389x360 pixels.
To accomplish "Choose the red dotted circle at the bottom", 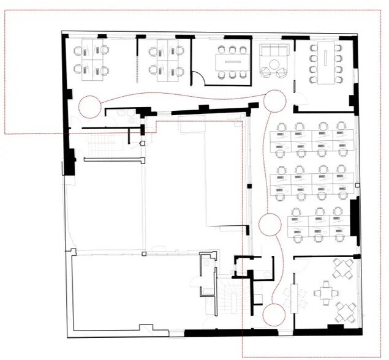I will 274,315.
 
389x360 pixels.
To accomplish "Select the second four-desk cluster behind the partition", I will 166,61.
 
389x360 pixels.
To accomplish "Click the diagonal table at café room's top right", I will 344,268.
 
